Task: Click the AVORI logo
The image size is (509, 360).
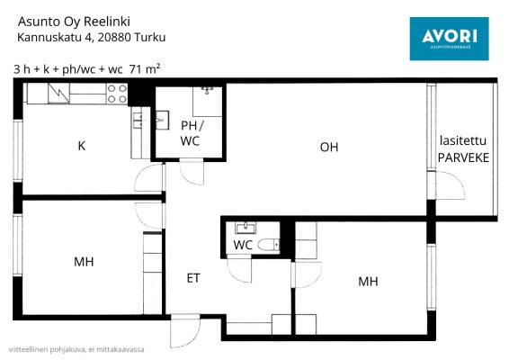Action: click(x=450, y=39)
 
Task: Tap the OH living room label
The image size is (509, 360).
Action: click(x=329, y=148)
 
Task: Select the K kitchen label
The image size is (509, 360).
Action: click(x=82, y=146)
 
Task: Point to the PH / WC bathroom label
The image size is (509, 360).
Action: click(x=192, y=133)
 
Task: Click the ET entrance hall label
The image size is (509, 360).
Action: click(x=193, y=278)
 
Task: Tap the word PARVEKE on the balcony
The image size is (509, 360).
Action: click(x=463, y=157)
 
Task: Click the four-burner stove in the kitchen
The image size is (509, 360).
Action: click(x=117, y=94)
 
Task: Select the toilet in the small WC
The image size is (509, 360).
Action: click(x=269, y=244)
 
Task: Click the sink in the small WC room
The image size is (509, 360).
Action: click(x=246, y=228)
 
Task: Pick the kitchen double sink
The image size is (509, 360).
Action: click(x=137, y=121)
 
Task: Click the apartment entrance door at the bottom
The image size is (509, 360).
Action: click(x=185, y=331)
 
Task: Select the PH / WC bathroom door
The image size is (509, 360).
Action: click(x=192, y=173)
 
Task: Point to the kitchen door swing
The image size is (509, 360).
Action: click(x=149, y=178)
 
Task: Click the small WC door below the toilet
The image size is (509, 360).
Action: click(x=239, y=269)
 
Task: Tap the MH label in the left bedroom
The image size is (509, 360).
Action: click(x=84, y=262)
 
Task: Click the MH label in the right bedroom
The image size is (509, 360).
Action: click(x=368, y=282)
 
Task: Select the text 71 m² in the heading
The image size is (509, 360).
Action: click(x=145, y=69)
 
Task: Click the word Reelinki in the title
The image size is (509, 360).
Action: click(x=107, y=22)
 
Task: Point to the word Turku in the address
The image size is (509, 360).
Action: click(x=150, y=38)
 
